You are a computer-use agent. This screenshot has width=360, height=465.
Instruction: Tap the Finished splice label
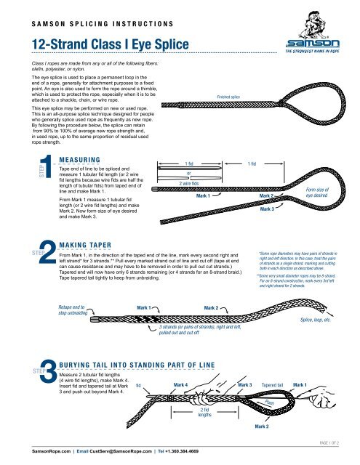coord(229,96)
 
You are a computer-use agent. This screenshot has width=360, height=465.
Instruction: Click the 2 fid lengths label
coord(205,414)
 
